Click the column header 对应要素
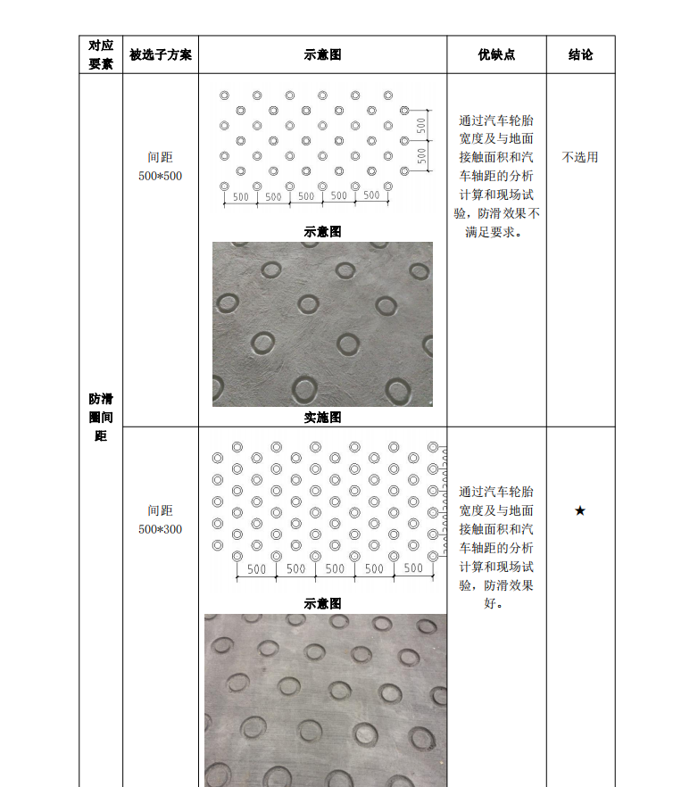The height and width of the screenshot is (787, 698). (x=101, y=54)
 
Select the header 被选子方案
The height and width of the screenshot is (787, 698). (x=161, y=54)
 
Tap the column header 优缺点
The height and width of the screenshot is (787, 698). (x=496, y=54)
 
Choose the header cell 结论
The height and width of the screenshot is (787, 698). (x=580, y=54)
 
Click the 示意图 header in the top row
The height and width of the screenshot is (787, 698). (x=322, y=54)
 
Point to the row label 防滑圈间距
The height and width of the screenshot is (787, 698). (x=101, y=417)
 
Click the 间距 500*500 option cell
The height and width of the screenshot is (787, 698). (x=161, y=167)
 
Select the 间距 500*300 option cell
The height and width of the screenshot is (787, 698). (x=161, y=520)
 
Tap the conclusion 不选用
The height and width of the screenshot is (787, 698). (x=580, y=157)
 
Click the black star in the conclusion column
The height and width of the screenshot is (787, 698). (x=580, y=510)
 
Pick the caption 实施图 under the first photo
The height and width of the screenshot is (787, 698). (x=322, y=417)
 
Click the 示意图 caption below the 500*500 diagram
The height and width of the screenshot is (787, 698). (x=322, y=231)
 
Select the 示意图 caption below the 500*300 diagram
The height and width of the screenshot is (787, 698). (x=322, y=603)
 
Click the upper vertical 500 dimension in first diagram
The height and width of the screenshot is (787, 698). (x=420, y=126)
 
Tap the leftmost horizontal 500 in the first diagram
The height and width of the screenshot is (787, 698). (x=240, y=196)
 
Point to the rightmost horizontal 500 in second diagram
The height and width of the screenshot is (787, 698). (x=413, y=568)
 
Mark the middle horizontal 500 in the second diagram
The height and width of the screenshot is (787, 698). (x=335, y=568)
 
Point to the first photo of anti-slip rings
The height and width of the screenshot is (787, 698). (x=322, y=324)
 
